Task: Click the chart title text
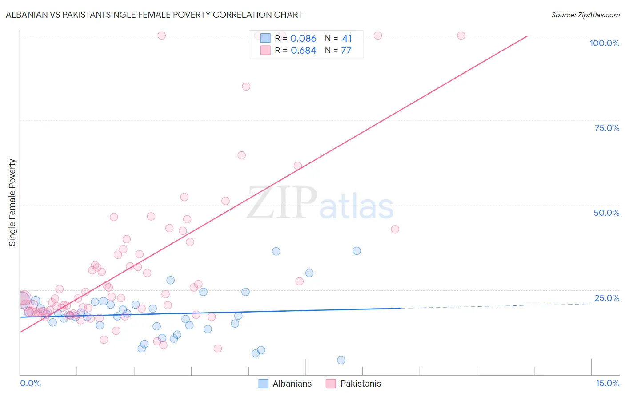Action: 154,15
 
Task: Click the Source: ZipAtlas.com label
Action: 585,15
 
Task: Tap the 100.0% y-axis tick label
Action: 604,43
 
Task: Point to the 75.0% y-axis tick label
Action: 607,128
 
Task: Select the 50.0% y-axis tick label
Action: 606,213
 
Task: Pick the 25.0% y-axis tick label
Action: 607,298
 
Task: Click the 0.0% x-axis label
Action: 30,383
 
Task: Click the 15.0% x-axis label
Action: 607,383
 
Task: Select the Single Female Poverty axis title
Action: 12,202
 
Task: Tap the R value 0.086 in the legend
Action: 303,39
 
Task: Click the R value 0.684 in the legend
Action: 303,51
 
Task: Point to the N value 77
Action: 346,51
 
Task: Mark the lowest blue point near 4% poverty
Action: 341,360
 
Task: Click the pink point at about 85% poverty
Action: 246,87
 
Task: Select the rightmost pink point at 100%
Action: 461,36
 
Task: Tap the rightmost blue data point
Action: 357,251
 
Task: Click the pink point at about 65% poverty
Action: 241,155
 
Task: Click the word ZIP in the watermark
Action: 282,203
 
